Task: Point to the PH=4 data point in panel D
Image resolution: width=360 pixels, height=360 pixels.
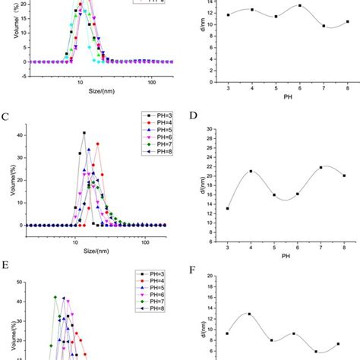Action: [251, 171]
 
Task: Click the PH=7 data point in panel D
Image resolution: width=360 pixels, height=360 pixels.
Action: [321, 167]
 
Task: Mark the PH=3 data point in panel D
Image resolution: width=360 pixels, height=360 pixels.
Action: [228, 208]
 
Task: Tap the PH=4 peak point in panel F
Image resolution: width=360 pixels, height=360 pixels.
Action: [249, 314]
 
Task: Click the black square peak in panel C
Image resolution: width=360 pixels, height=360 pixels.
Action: [84, 133]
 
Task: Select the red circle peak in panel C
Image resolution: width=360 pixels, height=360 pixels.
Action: [97, 144]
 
